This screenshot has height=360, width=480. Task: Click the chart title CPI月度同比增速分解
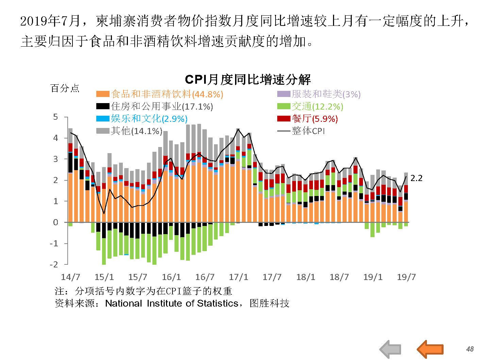tap(248, 80)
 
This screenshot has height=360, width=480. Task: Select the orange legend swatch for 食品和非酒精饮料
tap(103, 94)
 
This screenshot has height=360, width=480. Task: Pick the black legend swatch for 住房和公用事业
tap(103, 106)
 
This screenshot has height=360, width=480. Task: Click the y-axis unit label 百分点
tap(65, 88)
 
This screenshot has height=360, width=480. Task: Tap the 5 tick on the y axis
tap(55, 117)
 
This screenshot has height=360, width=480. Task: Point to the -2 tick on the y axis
tap(54, 264)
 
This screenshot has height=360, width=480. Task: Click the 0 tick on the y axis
tap(55, 223)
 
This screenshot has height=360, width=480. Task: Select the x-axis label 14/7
tap(70, 277)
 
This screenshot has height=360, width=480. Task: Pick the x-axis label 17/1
tap(238, 277)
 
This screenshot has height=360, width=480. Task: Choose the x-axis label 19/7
tap(406, 277)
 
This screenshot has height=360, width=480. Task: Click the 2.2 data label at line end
tap(416, 178)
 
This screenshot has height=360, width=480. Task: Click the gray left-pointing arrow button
tap(390, 349)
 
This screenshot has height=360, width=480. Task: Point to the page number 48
tap(470, 349)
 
